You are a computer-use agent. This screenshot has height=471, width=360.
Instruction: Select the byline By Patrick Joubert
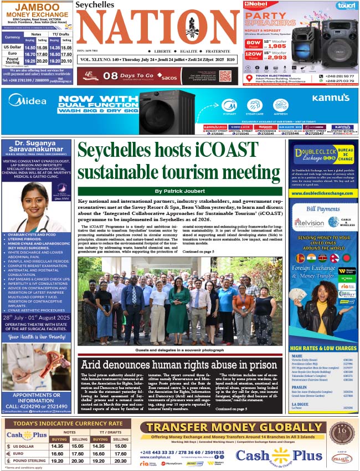(x=179, y=191)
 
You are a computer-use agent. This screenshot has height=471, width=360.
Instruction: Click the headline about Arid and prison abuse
(x=178, y=365)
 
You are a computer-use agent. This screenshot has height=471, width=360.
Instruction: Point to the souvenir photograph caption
(x=179, y=351)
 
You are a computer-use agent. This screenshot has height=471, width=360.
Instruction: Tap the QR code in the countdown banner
(x=224, y=76)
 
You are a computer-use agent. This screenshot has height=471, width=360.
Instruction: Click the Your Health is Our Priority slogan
(x=36, y=336)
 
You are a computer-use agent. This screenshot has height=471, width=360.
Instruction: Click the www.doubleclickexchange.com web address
(x=322, y=193)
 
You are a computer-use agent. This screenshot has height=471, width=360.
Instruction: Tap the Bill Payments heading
(x=322, y=209)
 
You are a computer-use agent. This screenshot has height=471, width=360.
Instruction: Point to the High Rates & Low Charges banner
(x=322, y=349)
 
